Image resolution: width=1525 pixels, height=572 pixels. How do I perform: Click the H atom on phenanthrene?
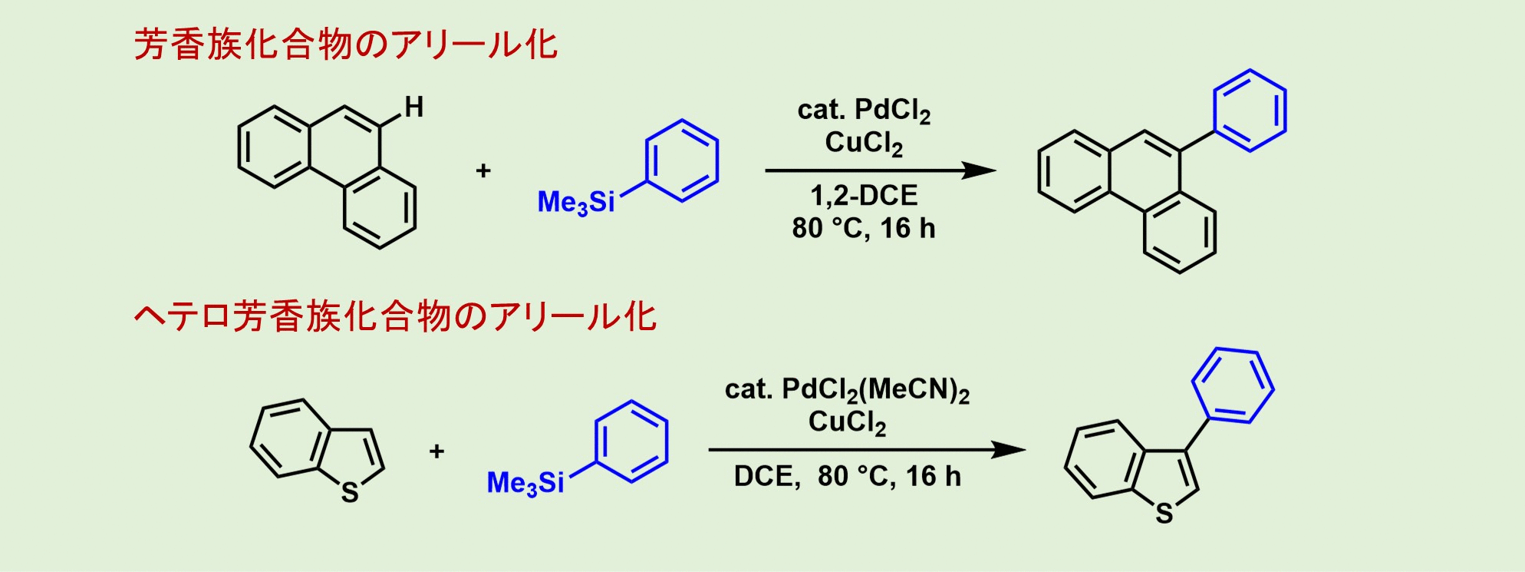414,107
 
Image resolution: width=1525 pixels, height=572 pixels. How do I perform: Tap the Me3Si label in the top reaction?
576,203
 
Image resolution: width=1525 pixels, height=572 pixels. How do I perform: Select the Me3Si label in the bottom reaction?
525,483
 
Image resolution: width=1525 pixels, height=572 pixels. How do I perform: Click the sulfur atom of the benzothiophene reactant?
350,492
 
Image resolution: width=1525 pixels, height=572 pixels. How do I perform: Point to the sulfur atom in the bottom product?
1164,514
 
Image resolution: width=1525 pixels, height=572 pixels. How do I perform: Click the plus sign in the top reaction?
483,170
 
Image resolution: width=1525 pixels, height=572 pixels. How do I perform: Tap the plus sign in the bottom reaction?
436,451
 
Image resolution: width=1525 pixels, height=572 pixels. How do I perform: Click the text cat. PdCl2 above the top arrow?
864,111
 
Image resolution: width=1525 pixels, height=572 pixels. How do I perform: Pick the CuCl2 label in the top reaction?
864,143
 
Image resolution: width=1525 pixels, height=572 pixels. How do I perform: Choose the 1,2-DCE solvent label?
864,196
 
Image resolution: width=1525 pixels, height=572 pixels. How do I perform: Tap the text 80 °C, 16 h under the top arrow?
864,228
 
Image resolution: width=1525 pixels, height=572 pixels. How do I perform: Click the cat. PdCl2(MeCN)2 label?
847,390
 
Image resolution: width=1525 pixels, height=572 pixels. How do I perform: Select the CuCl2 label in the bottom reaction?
847,422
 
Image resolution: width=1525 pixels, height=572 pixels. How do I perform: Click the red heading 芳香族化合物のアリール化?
345,45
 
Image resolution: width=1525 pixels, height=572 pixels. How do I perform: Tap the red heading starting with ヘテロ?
395,316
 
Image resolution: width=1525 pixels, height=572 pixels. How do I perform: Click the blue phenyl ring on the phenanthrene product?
1250,111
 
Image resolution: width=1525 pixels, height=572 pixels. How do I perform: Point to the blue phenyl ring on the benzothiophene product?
1233,385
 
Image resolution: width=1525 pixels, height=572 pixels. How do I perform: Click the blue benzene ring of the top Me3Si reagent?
682,160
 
